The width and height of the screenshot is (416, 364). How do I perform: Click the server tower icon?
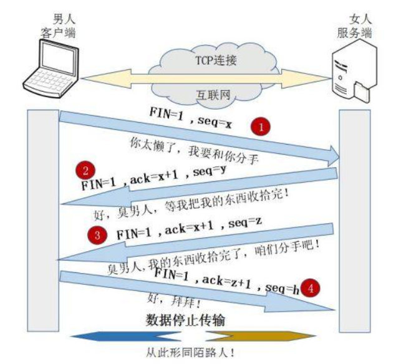pyautogui.click(x=352, y=74)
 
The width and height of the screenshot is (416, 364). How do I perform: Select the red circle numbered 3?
pyautogui.click(x=97, y=236)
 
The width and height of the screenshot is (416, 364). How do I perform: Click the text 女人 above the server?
pyautogui.click(x=355, y=19)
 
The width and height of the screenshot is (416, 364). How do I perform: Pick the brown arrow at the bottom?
pyautogui.click(x=262, y=337)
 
